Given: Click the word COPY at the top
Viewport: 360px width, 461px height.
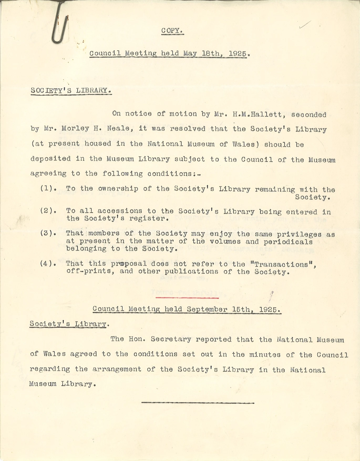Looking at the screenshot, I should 172,30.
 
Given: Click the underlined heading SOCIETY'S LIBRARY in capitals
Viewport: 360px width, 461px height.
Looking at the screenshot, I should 71,90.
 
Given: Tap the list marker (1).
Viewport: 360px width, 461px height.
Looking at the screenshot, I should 48,189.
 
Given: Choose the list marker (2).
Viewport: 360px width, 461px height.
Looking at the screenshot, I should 48,211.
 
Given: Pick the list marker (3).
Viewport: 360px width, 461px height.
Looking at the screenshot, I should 48,233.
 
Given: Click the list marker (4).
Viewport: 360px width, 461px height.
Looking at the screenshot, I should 48,263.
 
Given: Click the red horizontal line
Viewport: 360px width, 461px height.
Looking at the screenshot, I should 187,298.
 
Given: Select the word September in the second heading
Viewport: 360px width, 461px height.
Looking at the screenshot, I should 207,309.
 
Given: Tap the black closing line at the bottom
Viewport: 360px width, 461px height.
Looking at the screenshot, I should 198,403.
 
